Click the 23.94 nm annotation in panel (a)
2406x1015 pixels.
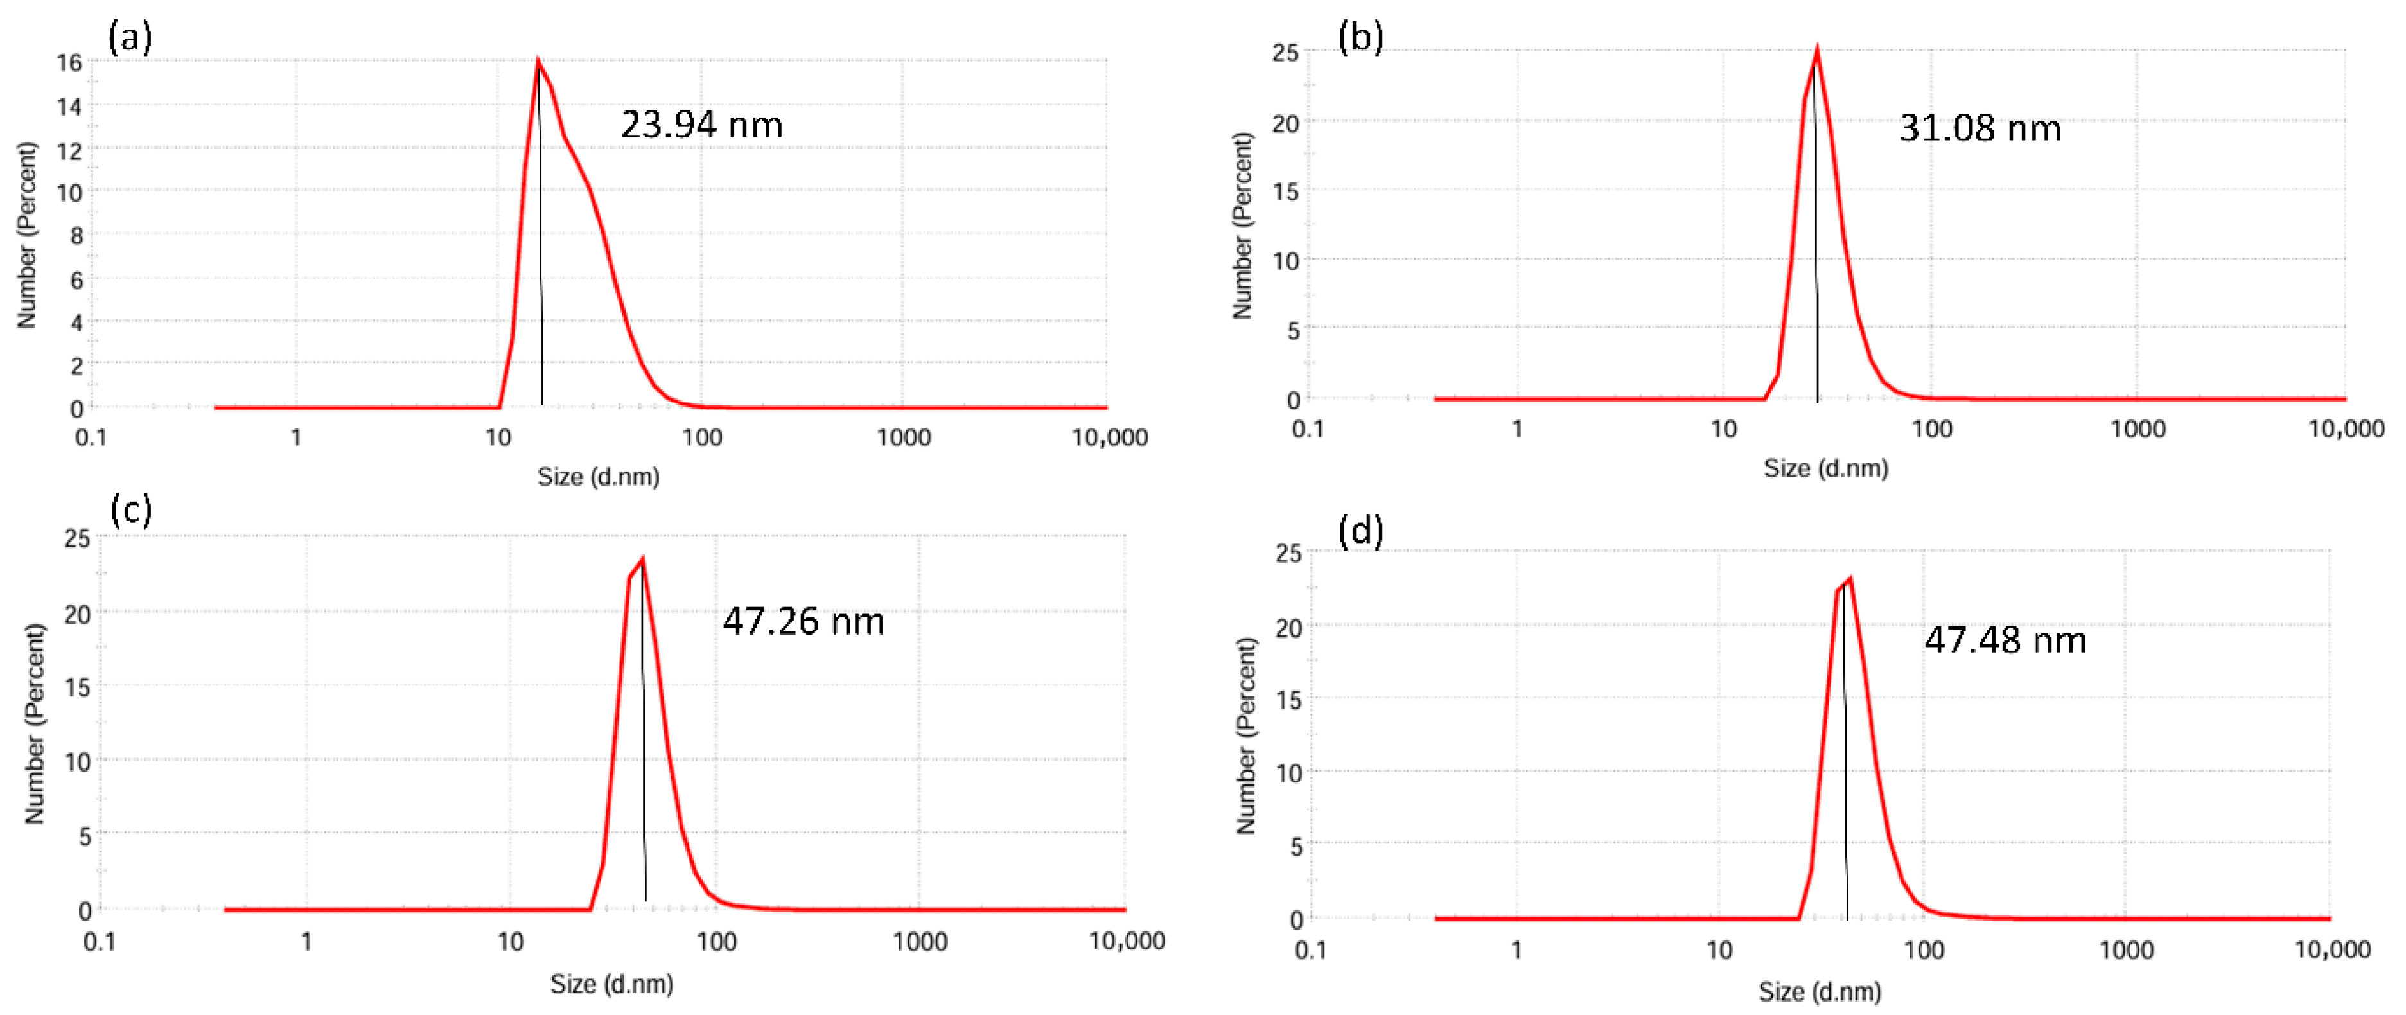click(x=701, y=124)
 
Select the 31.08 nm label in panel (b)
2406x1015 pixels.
click(x=1980, y=128)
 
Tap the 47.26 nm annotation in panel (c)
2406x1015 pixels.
click(x=803, y=621)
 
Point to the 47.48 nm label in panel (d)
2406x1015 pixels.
click(x=2005, y=640)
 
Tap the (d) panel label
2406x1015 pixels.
click(x=1360, y=531)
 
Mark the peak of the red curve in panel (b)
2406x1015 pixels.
click(x=1816, y=49)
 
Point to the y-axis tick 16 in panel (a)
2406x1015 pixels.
click(x=70, y=62)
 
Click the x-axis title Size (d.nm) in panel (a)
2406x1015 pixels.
click(x=598, y=477)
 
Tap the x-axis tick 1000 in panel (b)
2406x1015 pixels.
click(x=2138, y=428)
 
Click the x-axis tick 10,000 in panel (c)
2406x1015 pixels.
click(x=1127, y=941)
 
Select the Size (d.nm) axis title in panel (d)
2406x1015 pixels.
click(x=1820, y=992)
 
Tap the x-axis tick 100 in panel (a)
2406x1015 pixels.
click(x=701, y=437)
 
